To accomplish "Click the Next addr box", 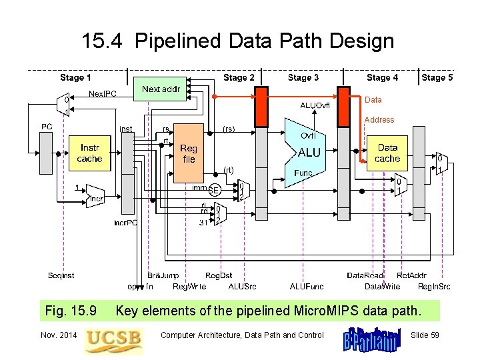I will pos(161,89).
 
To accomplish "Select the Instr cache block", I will pos(89,153).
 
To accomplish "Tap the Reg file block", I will pos(188,154).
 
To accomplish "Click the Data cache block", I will pos(387,153).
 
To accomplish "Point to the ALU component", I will pos(309,153).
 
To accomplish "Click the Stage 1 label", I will pos(75,77).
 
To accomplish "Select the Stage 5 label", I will pos(437,77).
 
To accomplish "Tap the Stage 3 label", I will pos(303,77).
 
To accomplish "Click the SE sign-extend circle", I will pos(213,190).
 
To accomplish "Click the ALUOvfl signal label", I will pos(315,105).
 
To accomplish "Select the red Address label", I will pos(379,120).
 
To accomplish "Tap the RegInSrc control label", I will pos(434,287).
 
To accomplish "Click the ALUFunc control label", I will pos(307,287).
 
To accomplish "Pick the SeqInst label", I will pos(61,275).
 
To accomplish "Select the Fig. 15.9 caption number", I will pos(71,311).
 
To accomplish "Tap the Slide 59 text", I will pos(425,335).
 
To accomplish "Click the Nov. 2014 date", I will pos(58,335).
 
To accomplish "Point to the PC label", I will pos(47,126).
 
